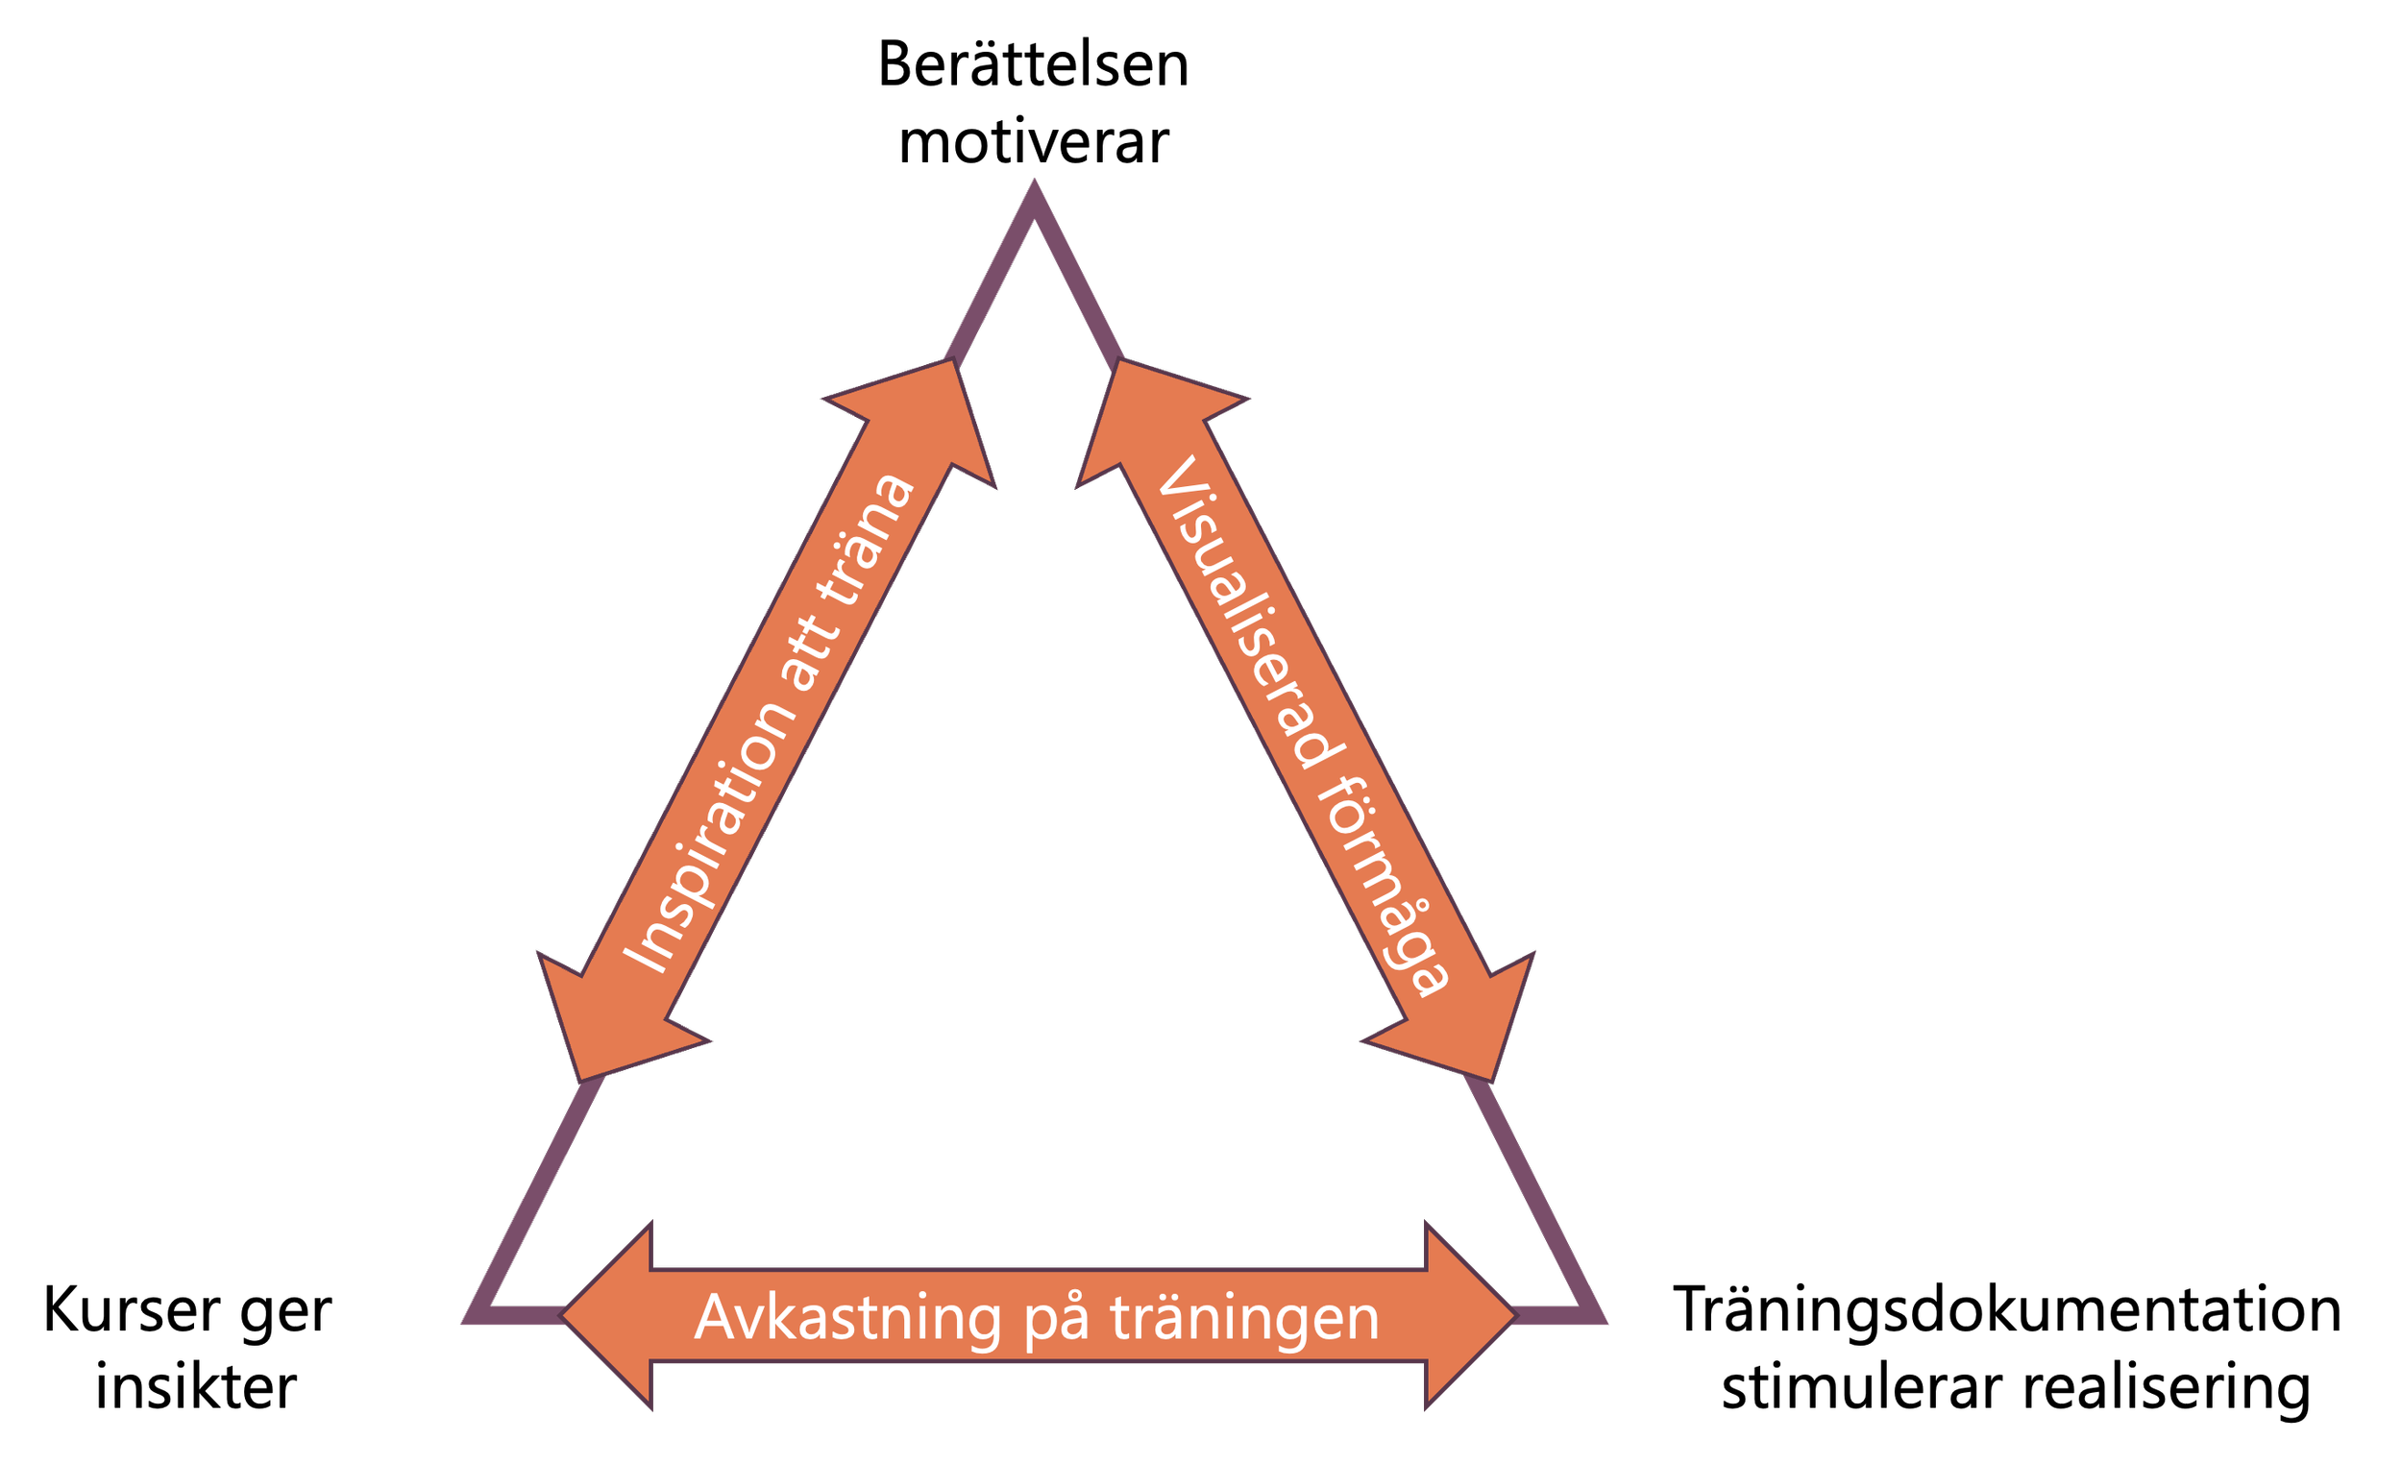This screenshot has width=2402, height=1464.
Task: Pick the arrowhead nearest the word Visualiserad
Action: tap(1140, 414)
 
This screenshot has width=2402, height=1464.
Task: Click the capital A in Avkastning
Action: tap(715, 1317)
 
